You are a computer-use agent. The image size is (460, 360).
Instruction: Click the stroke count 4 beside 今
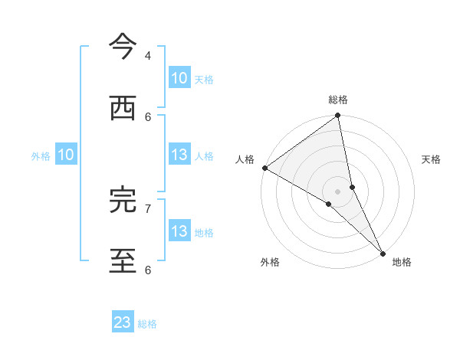coord(148,56)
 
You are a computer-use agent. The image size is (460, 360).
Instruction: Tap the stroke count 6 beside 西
coord(148,116)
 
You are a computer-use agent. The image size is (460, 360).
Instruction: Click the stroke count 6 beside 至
coord(148,270)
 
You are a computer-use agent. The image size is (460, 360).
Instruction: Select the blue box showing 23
coord(123,322)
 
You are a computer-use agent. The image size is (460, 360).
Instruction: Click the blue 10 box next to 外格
coord(66,155)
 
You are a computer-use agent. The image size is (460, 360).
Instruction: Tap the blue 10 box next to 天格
coord(179,78)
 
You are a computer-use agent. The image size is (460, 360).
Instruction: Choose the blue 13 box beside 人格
coord(179,155)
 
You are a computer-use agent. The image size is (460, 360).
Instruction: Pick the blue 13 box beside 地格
coord(179,231)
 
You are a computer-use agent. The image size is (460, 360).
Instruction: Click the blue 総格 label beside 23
coord(147,324)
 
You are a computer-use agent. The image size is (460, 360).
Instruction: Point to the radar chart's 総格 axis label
coord(338,100)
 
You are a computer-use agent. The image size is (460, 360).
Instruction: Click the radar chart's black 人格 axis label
coord(245,159)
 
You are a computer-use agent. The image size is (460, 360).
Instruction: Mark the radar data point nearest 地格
coord(383,252)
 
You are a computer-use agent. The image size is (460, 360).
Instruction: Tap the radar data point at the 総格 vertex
coord(338,116)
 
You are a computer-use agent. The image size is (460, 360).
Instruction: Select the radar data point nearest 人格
coord(264,167)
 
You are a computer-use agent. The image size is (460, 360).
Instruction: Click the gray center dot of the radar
coord(338,191)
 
